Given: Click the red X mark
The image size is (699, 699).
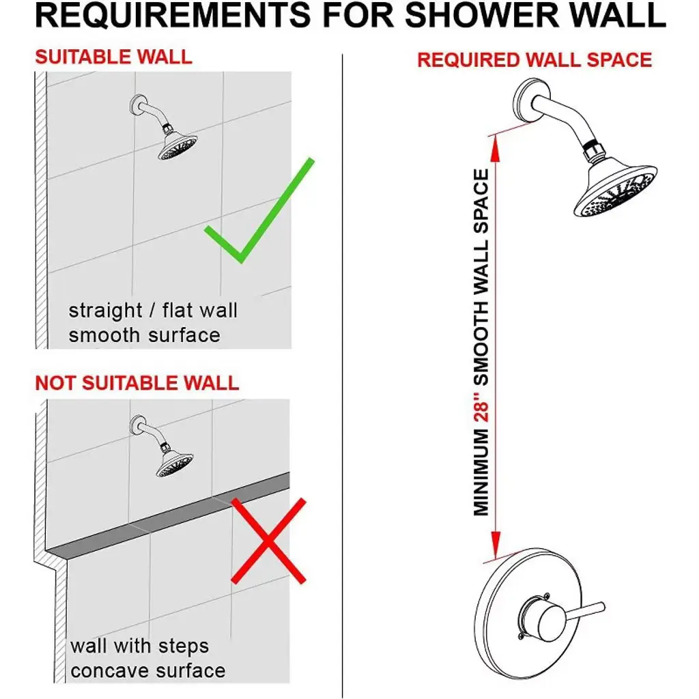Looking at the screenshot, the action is tap(268, 541).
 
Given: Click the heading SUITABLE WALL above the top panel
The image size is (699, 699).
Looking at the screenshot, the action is tap(114, 57).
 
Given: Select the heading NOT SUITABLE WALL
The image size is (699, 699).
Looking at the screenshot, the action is tap(137, 383).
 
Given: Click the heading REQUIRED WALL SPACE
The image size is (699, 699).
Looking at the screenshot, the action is tap(534, 60).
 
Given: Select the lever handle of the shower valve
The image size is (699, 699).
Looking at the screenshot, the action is tap(584, 612).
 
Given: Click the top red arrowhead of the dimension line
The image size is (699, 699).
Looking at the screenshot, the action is tap(495, 148).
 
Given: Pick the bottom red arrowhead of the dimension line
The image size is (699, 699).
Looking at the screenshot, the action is tap(496, 544).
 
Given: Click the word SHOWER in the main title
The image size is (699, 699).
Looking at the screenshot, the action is tap(483, 15).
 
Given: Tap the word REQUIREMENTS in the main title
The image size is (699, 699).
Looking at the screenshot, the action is tap(173, 15).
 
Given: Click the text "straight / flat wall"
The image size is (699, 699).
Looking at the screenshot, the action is tap(153, 311).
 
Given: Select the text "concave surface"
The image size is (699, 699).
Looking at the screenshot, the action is tap(148, 671).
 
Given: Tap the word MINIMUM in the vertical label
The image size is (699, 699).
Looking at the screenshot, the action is tap(481, 472).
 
